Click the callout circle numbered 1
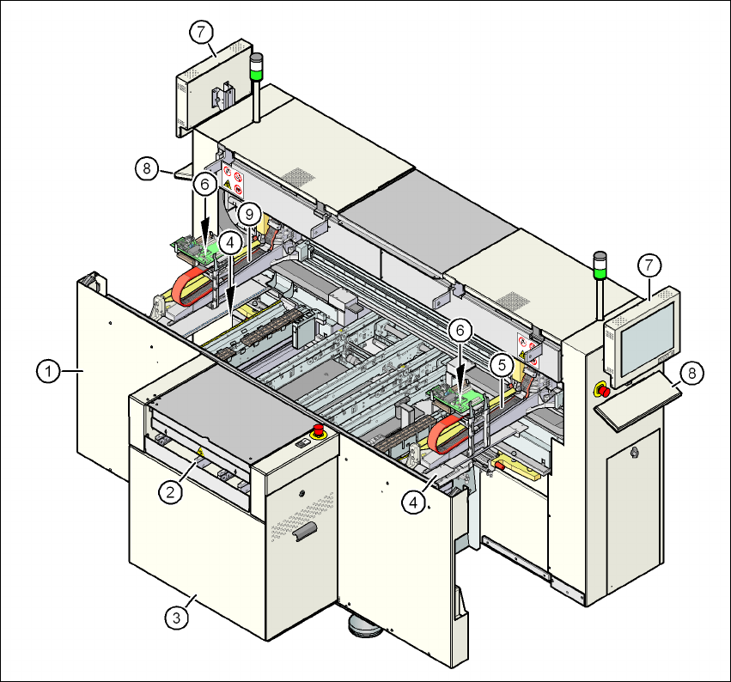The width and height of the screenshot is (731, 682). [49, 372]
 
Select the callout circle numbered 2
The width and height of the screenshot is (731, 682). [171, 491]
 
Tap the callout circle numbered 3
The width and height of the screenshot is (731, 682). [176, 616]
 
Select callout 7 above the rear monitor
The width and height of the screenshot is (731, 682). [200, 33]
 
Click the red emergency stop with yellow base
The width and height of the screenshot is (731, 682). [603, 391]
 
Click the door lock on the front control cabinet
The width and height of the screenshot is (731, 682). [634, 450]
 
